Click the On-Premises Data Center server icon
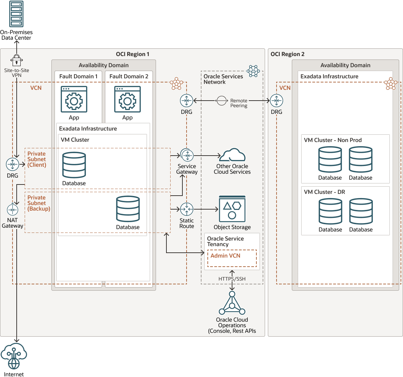16,14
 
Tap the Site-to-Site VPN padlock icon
17,60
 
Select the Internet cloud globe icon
14,356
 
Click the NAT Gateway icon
13,210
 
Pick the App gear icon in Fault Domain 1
74,99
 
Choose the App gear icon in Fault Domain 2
128,99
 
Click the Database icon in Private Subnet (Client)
74,165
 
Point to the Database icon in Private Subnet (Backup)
128,209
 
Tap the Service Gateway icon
187,155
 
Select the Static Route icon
187,209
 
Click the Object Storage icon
232,209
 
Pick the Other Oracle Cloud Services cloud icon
232,155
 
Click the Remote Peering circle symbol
222,101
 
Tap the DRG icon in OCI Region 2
277,101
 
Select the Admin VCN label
225,256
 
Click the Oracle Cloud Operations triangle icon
232,303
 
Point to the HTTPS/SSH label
232,279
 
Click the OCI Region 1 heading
132,54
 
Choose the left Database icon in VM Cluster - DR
330,211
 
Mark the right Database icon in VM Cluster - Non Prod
361,159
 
